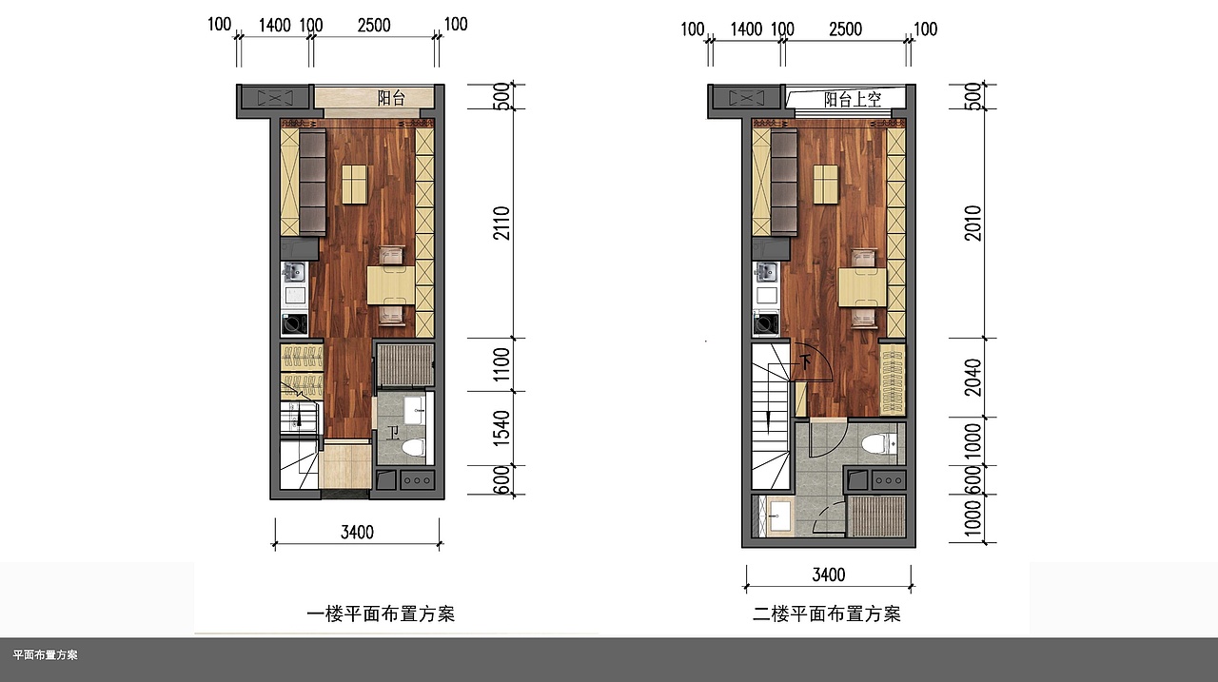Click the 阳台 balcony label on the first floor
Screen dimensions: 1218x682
pos(391,98)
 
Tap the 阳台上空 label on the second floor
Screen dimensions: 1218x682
pos(852,100)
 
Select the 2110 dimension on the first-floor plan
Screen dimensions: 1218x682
pos(501,223)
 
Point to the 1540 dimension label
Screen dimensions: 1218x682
pos(501,428)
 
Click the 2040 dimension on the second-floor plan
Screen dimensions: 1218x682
pos(973,377)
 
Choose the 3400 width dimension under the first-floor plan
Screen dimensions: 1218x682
pos(357,532)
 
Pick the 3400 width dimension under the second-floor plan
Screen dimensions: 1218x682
pos(829,575)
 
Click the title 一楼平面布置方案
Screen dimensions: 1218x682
pos(381,614)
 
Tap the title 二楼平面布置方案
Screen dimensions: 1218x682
pos(827,614)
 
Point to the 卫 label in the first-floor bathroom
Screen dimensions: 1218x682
pos(393,433)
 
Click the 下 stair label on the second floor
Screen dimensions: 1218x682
pos(805,361)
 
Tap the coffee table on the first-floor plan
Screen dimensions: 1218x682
pos(355,185)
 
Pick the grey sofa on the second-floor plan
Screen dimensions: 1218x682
pos(784,184)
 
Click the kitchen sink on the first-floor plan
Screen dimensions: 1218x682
pos(294,272)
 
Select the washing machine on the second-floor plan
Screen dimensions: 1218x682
pos(766,322)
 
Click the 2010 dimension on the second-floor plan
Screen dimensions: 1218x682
pos(973,223)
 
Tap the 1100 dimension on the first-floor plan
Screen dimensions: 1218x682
pos(501,364)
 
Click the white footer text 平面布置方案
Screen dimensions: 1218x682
pos(45,654)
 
